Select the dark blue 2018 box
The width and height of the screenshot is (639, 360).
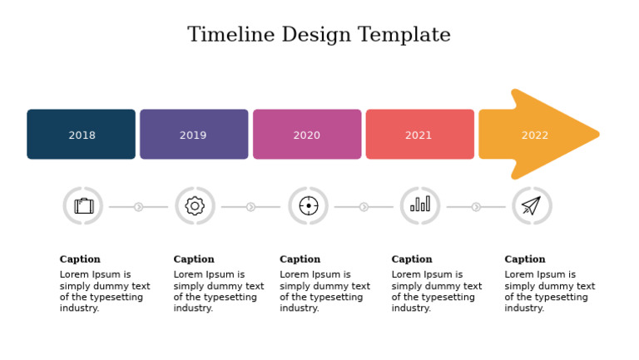click(x=81, y=134)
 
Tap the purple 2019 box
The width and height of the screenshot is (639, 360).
click(x=194, y=134)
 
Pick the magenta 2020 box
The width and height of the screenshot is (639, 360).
click(x=307, y=134)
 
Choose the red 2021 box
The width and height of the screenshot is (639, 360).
click(x=419, y=134)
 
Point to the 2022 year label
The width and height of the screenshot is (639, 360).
click(x=535, y=136)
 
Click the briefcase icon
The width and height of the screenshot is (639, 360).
click(x=83, y=206)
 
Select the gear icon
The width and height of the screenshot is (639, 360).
click(x=195, y=206)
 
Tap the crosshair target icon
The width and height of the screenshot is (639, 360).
click(x=309, y=206)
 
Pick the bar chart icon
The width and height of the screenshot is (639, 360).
click(x=420, y=205)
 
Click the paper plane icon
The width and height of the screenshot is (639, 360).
click(x=532, y=205)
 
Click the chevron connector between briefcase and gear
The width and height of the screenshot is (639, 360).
click(x=139, y=207)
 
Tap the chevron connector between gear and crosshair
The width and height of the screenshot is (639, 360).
click(x=250, y=207)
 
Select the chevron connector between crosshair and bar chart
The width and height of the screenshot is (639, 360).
click(x=364, y=207)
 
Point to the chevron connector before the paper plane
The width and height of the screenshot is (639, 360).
click(x=476, y=207)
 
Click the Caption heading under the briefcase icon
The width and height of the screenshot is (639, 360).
click(x=80, y=259)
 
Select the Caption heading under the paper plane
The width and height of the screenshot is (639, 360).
click(x=525, y=259)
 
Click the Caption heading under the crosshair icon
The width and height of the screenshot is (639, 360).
click(x=300, y=259)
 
